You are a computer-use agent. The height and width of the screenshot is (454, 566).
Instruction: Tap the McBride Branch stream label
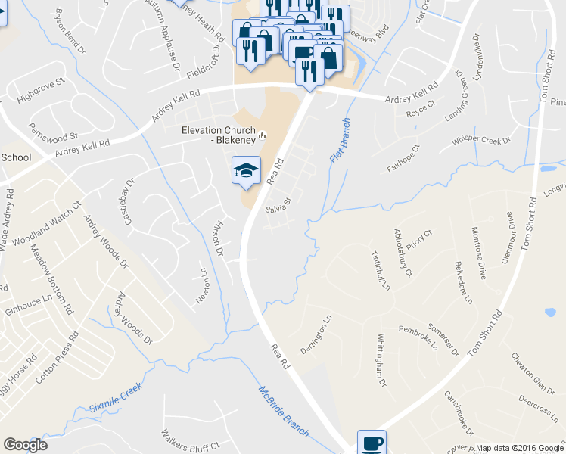pos(284,412)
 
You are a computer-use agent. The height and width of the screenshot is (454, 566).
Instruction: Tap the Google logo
pos(25,446)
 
